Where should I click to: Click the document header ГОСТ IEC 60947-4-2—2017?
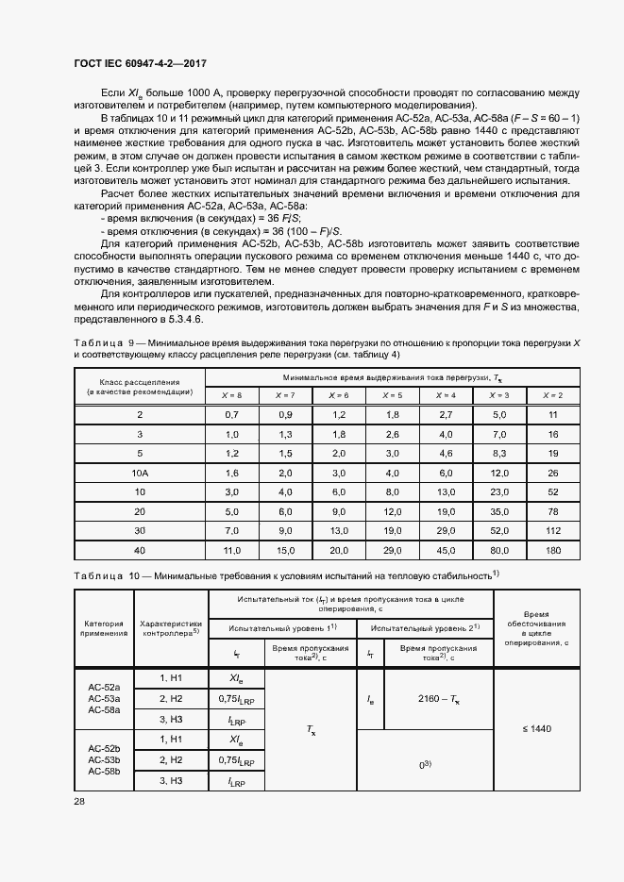[140, 63]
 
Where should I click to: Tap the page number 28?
[79, 800]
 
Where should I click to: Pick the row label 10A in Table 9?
[140, 472]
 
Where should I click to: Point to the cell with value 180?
[553, 550]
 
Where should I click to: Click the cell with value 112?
[553, 530]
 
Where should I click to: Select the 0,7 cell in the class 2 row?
[231, 414]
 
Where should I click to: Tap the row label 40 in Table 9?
[140, 550]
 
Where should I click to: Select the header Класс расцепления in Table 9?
[139, 382]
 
